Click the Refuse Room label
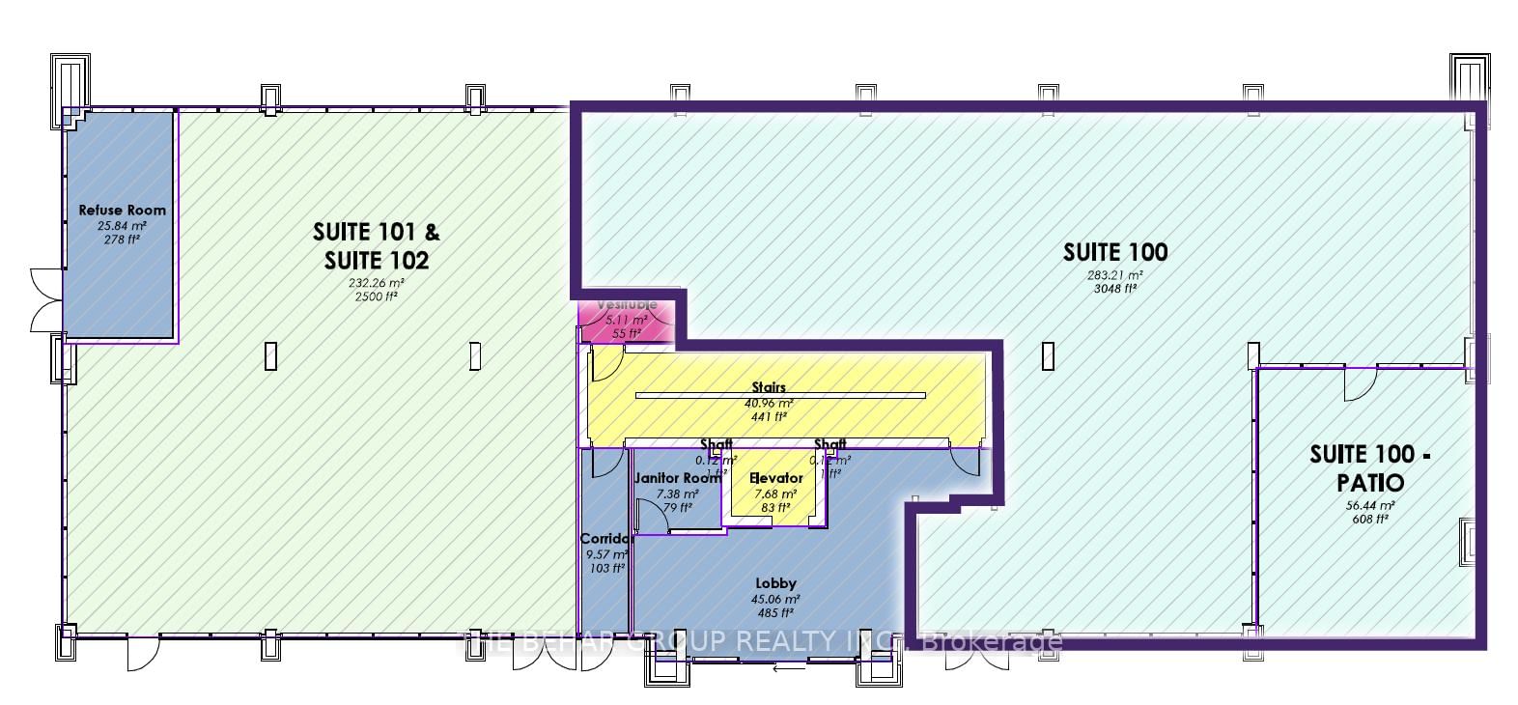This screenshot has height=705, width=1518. coord(122,210)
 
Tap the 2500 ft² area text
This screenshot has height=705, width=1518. coord(376,296)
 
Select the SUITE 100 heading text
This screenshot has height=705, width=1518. coord(1115,252)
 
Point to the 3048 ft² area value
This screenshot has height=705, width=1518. coord(1115,288)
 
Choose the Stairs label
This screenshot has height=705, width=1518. coord(769,387)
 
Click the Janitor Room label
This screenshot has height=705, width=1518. coord(677,478)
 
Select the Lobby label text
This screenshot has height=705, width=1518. coord(775,583)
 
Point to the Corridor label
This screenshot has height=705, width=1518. coord(606,539)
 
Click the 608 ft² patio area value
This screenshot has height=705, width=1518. coord(1370,519)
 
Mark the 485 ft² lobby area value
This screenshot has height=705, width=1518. coord(775,612)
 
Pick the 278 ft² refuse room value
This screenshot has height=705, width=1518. coord(122,240)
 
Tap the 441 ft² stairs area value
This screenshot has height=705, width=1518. coord(769,417)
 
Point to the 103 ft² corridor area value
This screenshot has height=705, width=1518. coord(606,569)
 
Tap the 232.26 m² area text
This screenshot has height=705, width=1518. coord(376,283)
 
